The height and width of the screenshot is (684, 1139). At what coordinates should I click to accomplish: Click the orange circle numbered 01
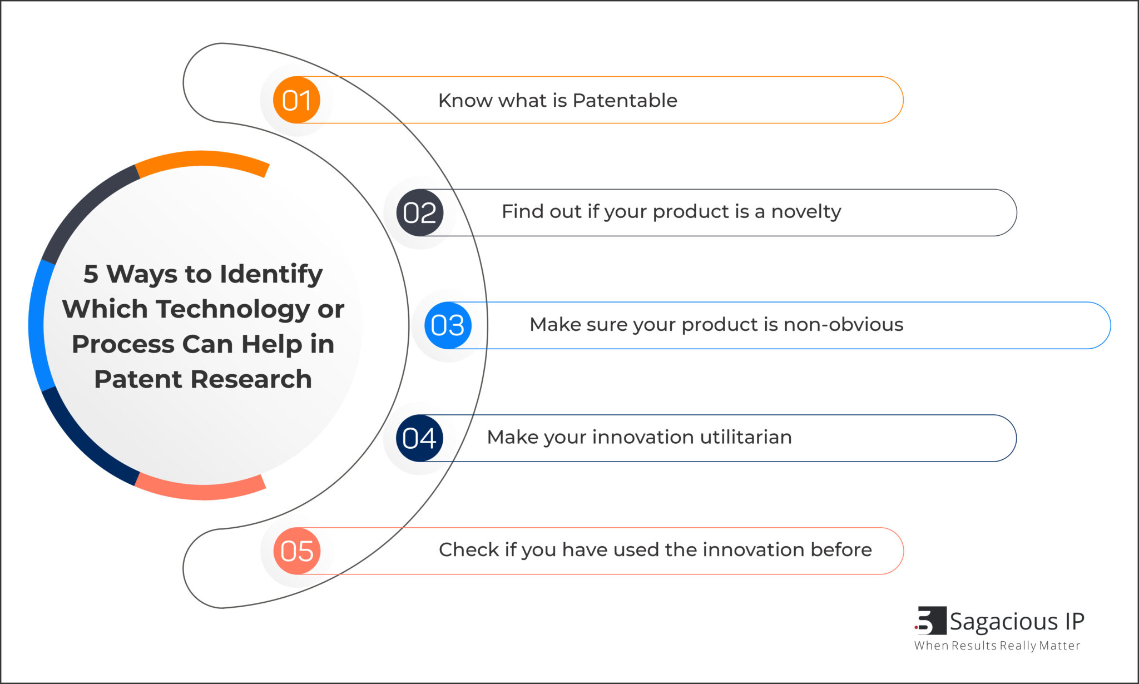(296, 100)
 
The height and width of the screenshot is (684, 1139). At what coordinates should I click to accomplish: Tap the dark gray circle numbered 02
(419, 212)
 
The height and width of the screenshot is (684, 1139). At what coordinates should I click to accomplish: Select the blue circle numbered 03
(448, 325)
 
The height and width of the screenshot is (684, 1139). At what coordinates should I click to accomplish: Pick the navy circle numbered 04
(419, 438)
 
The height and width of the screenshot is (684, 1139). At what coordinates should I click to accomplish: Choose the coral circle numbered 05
(296, 551)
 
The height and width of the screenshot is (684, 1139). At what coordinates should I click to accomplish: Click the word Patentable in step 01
(625, 101)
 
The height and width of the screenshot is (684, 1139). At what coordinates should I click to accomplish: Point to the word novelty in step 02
(806, 212)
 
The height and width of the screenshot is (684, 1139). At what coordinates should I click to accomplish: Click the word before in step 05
(841, 549)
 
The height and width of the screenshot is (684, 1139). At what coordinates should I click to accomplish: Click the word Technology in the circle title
(234, 309)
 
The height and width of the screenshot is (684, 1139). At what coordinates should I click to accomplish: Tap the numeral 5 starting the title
(91, 274)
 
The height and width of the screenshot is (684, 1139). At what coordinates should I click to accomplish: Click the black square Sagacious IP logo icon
(931, 621)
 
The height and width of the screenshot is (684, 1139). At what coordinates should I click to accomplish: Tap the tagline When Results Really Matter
(997, 646)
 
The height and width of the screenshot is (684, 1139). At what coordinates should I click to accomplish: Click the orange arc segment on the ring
(203, 159)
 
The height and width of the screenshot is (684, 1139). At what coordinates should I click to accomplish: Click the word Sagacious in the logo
(1003, 622)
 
